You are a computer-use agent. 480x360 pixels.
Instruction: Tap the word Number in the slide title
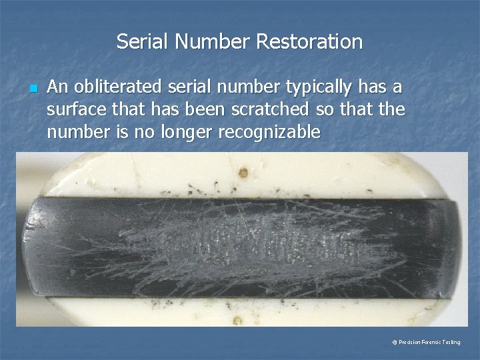click(212, 42)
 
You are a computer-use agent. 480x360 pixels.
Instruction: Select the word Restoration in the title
click(309, 42)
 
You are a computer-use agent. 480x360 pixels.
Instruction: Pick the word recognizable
click(268, 132)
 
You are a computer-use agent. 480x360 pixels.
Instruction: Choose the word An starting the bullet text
click(57, 87)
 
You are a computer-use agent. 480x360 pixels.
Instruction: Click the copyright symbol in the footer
click(395, 342)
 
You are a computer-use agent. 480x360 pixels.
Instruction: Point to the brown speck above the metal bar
click(243, 173)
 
